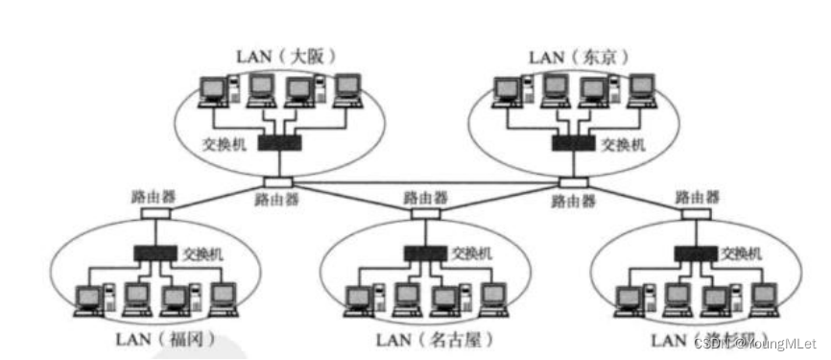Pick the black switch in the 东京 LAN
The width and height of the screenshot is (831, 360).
coord(573,143)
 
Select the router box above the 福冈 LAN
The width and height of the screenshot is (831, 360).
coord(154,213)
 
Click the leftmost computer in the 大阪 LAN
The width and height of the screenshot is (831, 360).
coord(212,90)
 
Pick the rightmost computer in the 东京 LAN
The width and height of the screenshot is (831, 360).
coord(639,90)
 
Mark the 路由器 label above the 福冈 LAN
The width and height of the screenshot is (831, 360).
coord(154,195)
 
